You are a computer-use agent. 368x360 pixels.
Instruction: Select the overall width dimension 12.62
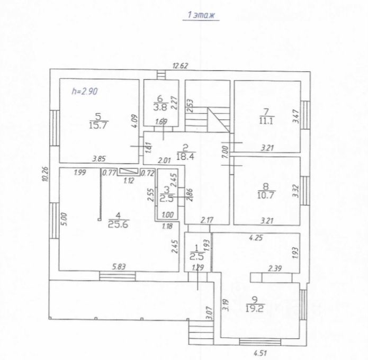(181, 66)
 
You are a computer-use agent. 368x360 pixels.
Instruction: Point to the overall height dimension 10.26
(44, 175)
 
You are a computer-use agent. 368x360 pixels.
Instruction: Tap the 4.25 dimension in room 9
(256, 238)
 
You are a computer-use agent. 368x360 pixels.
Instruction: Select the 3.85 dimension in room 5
(100, 158)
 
